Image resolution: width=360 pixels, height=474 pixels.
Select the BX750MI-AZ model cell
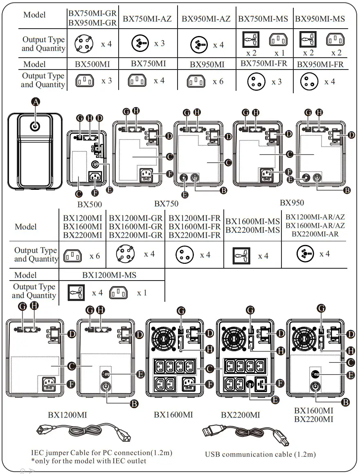[147, 19]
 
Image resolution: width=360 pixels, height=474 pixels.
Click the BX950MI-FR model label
[320, 64]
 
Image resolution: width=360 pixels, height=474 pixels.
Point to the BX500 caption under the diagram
[90, 204]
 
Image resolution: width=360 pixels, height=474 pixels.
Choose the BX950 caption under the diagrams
[292, 203]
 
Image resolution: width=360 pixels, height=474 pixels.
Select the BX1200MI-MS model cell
[109, 275]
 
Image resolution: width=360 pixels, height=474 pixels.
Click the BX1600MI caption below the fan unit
[173, 415]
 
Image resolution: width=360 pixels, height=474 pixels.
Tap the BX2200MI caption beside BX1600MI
[241, 415]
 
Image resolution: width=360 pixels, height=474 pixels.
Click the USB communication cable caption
[260, 454]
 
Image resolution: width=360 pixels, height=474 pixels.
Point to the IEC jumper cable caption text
[101, 453]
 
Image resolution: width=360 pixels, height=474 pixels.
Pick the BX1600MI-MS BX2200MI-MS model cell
[252, 226]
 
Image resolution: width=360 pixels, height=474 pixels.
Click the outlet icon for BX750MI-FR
[256, 82]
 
